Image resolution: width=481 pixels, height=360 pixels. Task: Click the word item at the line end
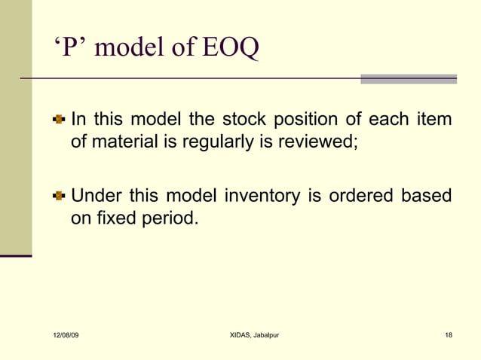tap(435, 120)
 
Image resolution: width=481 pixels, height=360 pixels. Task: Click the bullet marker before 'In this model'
tap(60, 120)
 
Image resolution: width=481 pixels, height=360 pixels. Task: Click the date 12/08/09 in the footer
tap(66, 334)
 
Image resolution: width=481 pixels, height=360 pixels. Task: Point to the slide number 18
tap(449, 334)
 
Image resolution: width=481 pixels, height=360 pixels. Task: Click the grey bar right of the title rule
tap(408, 78)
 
